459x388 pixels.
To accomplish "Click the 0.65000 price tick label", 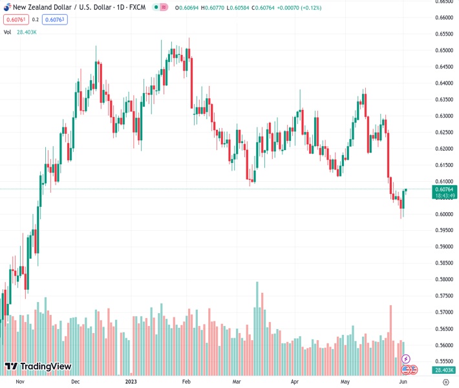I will [x=443, y=50].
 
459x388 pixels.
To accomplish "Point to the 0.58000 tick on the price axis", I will [x=443, y=279].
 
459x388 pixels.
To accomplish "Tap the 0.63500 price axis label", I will [x=443, y=100].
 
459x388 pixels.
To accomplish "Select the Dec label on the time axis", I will [x=75, y=382].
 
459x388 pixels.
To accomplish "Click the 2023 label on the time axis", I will [x=131, y=382].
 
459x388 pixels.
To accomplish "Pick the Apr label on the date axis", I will [x=295, y=382].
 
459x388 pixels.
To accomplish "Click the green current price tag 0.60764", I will [x=445, y=189].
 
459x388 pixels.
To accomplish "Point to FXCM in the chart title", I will [x=138, y=6].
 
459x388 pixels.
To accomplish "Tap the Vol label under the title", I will [x=8, y=32].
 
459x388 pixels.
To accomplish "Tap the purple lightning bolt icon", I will [x=406, y=358].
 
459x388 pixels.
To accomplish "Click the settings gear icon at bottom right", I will [x=445, y=382].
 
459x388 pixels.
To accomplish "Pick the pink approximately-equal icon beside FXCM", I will [x=164, y=6].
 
